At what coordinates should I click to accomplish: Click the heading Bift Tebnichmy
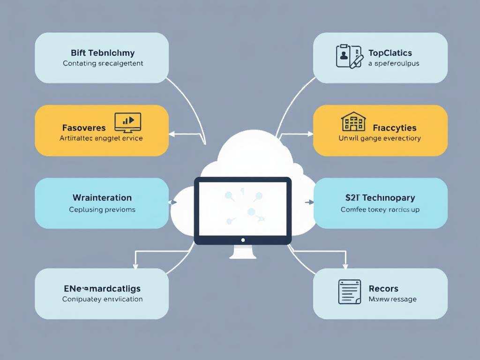click(102, 53)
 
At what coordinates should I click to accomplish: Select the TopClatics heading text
click(390, 53)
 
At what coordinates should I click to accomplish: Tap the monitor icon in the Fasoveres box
click(127, 121)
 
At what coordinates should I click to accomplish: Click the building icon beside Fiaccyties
click(353, 121)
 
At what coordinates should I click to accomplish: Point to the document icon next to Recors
click(350, 292)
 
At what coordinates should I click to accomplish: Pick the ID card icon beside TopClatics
click(350, 56)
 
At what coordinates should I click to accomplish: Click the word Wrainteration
click(102, 198)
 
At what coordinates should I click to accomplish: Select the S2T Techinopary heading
click(380, 198)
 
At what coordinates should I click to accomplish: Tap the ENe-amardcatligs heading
click(102, 288)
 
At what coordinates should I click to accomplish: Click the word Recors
click(383, 288)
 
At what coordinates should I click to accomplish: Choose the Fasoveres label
click(84, 127)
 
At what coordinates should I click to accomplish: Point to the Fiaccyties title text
click(395, 127)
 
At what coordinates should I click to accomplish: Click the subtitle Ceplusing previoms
click(102, 210)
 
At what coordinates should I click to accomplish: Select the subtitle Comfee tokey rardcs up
click(380, 210)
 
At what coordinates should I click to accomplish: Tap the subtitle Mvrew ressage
click(392, 299)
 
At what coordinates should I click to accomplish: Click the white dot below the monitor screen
click(243, 240)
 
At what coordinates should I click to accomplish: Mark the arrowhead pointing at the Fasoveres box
click(171, 134)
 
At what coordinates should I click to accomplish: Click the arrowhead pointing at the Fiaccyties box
click(311, 134)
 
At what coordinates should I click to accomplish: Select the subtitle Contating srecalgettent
click(103, 63)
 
